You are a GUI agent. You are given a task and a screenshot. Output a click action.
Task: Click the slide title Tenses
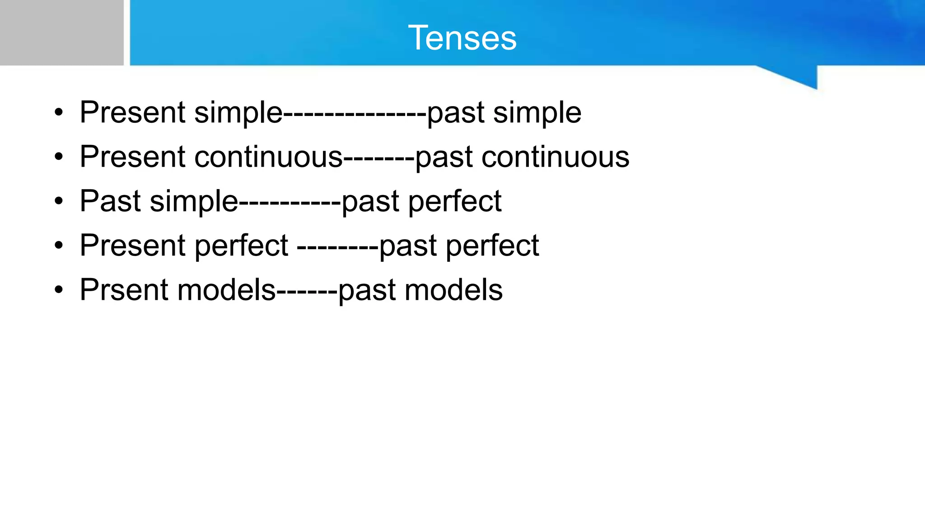[x=462, y=38]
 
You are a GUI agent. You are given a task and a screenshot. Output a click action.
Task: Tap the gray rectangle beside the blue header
[x=61, y=32]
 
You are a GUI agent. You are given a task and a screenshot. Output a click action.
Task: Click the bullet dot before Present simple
[x=59, y=113]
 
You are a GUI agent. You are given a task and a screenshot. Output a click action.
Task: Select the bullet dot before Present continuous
[x=59, y=157]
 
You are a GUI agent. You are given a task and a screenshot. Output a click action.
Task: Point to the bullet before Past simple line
[x=59, y=201]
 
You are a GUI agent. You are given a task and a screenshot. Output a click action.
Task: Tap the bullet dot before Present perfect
[x=59, y=246]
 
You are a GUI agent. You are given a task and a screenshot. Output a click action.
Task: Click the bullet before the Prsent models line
[x=59, y=290]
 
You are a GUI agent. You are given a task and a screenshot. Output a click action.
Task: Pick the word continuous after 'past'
[x=555, y=157]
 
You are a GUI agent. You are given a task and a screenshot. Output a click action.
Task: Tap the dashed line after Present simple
[x=355, y=113]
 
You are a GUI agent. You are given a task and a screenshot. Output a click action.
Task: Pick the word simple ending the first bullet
[x=537, y=113]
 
